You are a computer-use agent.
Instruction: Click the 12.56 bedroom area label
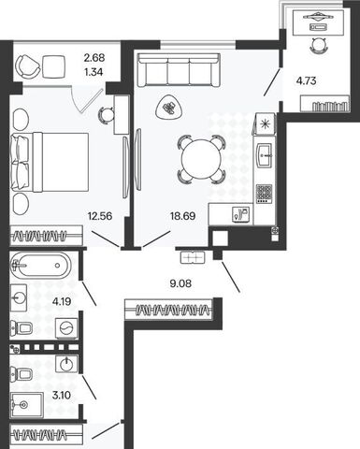[100, 216]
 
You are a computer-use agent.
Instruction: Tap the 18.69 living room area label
[182, 216]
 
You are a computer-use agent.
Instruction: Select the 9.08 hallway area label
[180, 283]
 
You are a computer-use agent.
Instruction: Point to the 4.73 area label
[306, 81]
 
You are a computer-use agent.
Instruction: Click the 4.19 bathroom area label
[62, 301]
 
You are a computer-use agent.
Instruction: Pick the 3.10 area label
[62, 396]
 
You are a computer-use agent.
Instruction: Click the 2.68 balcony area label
[94, 58]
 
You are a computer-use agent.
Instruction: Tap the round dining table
[202, 159]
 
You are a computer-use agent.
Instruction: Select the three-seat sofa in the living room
[179, 70]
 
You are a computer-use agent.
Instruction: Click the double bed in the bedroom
[50, 162]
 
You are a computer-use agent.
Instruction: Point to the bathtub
[40, 265]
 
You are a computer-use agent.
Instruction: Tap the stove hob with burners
[265, 194]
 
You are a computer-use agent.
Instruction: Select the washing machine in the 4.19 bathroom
[66, 328]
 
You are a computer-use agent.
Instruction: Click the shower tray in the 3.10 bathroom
[26, 405]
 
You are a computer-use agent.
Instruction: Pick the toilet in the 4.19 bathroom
[22, 327]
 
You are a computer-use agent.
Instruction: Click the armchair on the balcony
[27, 66]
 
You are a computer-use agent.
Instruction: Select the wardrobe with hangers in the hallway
[169, 310]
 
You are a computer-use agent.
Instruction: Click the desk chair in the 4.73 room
[319, 46]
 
